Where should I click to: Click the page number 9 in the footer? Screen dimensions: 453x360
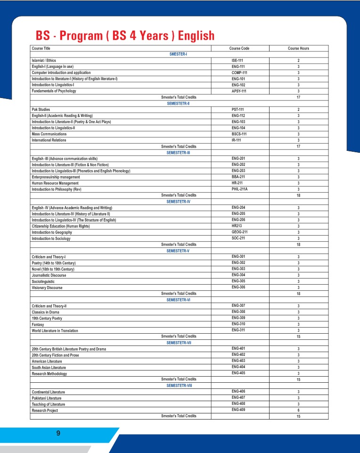(58, 433)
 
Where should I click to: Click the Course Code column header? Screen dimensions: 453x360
(239, 49)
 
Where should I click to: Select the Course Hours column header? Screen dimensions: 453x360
(298, 49)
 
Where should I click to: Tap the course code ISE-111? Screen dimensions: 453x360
(239, 60)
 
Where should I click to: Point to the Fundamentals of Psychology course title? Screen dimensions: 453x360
(54, 91)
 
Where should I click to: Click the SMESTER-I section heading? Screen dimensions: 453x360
(178, 54)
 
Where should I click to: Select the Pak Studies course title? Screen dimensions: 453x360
(41, 109)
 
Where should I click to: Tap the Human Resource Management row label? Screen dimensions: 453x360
(55, 183)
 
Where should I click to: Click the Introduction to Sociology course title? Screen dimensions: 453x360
(51, 239)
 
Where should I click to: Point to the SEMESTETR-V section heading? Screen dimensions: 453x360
(178, 251)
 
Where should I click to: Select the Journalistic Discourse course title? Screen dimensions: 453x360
(49, 275)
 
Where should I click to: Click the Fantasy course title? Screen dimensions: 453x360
(38, 325)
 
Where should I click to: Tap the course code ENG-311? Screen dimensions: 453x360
(239, 330)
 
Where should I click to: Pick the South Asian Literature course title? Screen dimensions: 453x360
(49, 367)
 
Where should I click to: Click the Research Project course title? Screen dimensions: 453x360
(45, 411)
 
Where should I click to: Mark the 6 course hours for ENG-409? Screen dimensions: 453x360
(298, 410)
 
